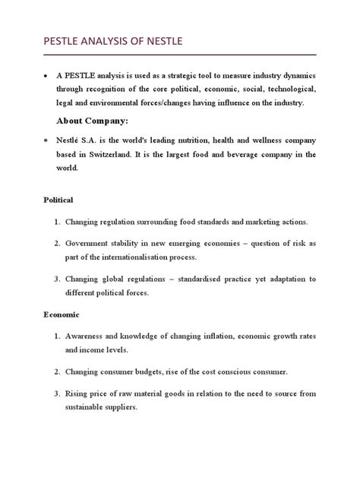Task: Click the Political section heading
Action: click(56, 200)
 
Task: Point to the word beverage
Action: click(245, 156)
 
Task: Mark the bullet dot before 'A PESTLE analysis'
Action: click(46, 77)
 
